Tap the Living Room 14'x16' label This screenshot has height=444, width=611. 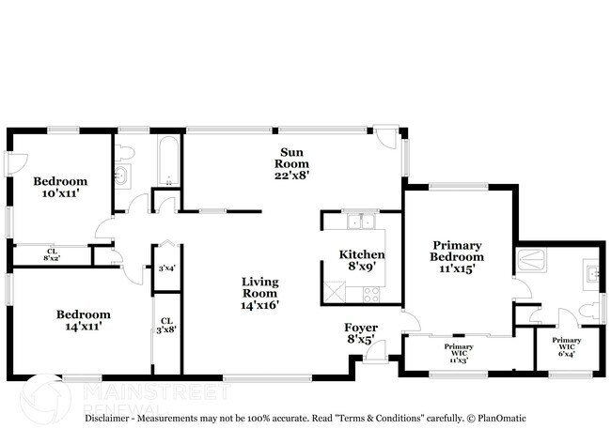pos(260,292)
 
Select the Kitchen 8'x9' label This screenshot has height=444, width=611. pos(362,260)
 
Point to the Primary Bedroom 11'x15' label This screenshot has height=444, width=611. pos(457,256)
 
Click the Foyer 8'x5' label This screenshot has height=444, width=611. pos(361,334)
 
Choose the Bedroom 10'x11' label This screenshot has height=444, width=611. pos(60,187)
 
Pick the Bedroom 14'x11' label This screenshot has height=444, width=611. pos(83,320)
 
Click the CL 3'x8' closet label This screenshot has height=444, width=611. pos(166,325)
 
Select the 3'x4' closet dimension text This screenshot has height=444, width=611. pos(166,268)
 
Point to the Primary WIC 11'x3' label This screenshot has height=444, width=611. pos(459,352)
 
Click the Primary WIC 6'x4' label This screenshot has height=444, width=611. pos(566,346)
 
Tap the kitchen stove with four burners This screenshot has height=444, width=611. pos(370,293)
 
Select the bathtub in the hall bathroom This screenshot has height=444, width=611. pos(167,161)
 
